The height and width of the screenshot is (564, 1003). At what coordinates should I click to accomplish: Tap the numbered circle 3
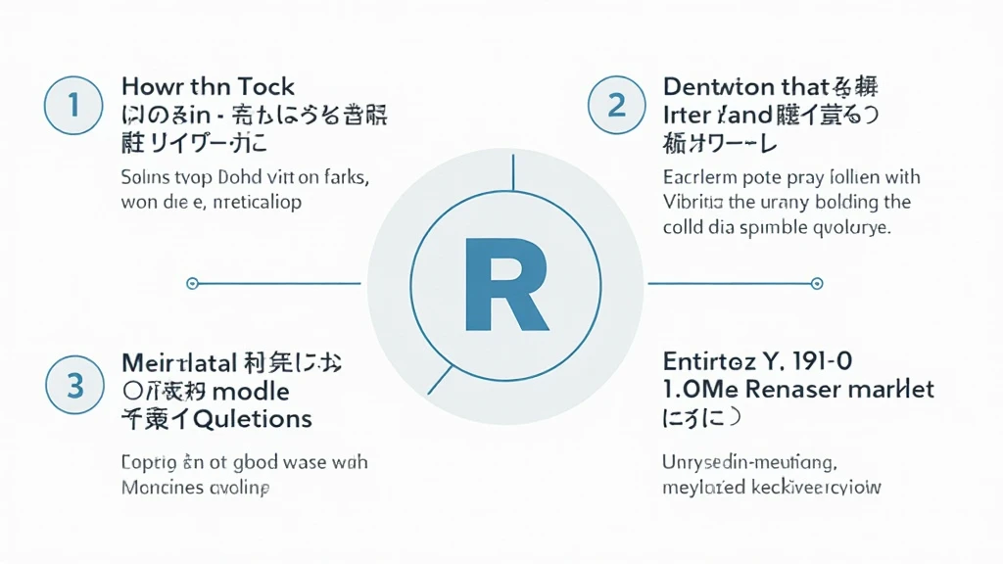coord(75,386)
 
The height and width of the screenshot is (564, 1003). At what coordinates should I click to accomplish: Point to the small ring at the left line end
coord(192,284)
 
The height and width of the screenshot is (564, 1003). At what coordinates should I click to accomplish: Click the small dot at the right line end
coord(816,284)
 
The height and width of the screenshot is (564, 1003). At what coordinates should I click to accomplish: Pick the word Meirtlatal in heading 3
coord(179,363)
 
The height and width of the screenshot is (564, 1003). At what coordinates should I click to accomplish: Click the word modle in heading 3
coord(250,392)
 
